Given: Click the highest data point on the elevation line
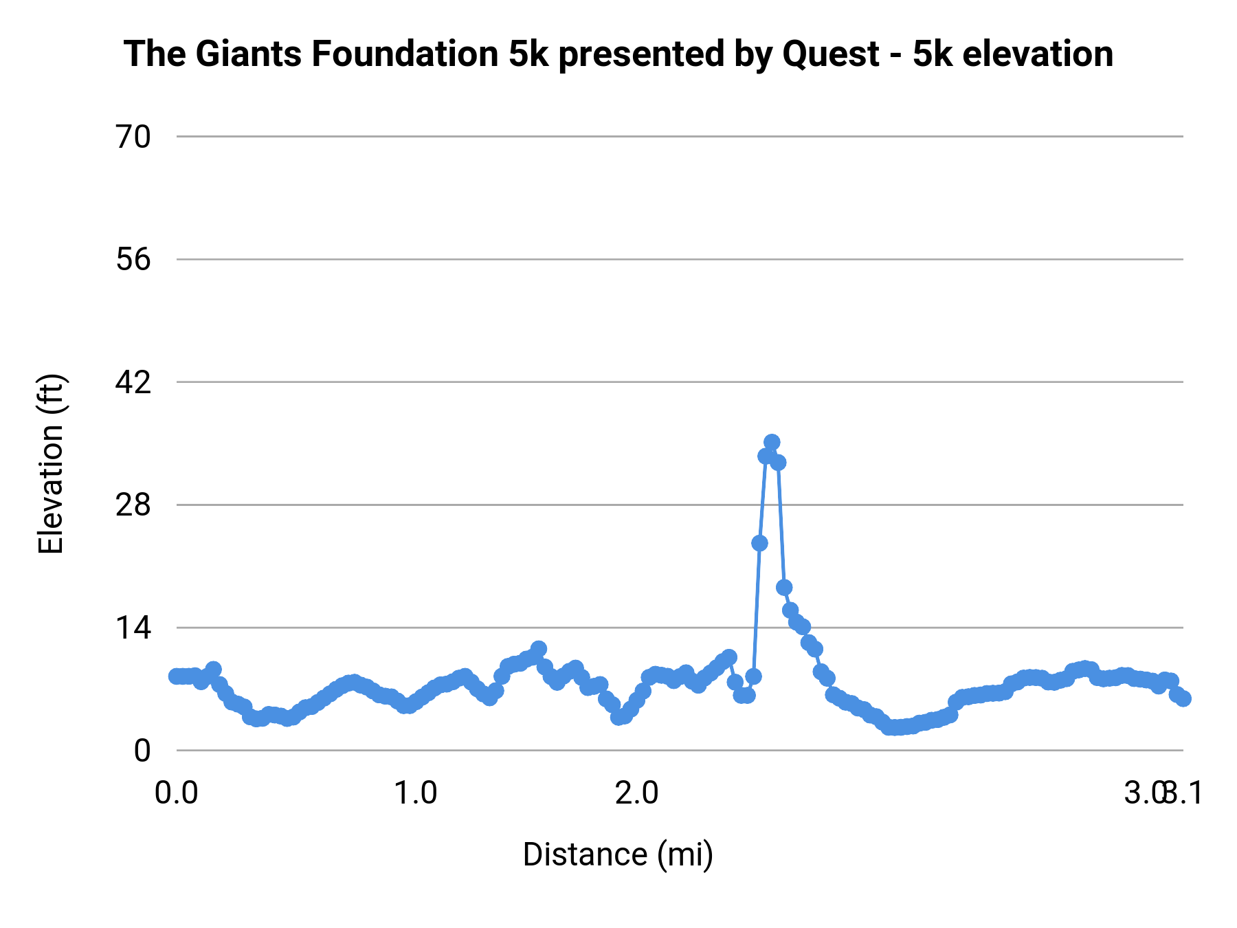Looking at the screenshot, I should click(772, 442).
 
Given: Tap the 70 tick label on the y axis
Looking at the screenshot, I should click(133, 137).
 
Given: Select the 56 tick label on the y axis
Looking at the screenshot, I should click(133, 260).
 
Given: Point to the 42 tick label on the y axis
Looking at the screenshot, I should click(133, 382).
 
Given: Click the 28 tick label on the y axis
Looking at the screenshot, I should click(133, 505).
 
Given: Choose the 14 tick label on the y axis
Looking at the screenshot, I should click(133, 628).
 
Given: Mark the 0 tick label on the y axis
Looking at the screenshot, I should click(142, 751).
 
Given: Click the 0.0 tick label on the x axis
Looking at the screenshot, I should click(177, 793).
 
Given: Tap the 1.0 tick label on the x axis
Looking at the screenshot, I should click(415, 793).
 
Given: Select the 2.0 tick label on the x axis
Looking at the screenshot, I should click(636, 793).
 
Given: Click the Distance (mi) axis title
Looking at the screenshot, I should click(618, 854).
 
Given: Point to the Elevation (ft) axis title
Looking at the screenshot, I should click(51, 464).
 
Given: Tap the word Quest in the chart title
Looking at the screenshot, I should click(831, 54).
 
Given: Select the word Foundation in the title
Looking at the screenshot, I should click(405, 54).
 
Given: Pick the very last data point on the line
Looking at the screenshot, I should click(1183, 698).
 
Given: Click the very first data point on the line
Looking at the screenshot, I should click(177, 676).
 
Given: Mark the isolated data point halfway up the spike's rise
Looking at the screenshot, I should click(759, 543).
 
